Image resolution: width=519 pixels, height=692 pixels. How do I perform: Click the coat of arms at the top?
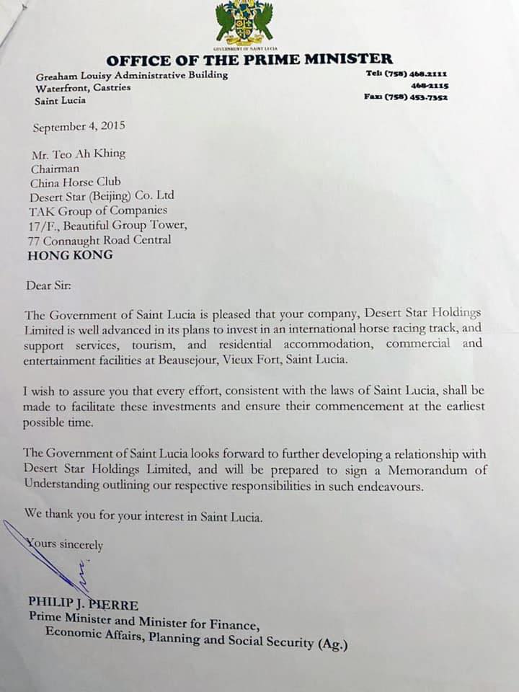tap(244, 23)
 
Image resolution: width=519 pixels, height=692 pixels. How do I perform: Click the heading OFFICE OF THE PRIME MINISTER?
tap(249, 60)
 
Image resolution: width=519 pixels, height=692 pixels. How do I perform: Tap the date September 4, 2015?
tap(79, 126)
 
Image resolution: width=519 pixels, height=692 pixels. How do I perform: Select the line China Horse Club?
tap(76, 182)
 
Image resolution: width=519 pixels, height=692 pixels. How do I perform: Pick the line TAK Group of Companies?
tap(98, 210)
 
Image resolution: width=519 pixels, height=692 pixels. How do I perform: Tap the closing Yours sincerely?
tap(64, 546)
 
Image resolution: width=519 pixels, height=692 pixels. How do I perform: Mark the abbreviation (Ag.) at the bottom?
tap(333, 644)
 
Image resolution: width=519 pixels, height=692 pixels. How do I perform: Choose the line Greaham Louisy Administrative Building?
tap(131, 75)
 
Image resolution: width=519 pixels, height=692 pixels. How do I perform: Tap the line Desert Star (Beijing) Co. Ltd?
tap(102, 196)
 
